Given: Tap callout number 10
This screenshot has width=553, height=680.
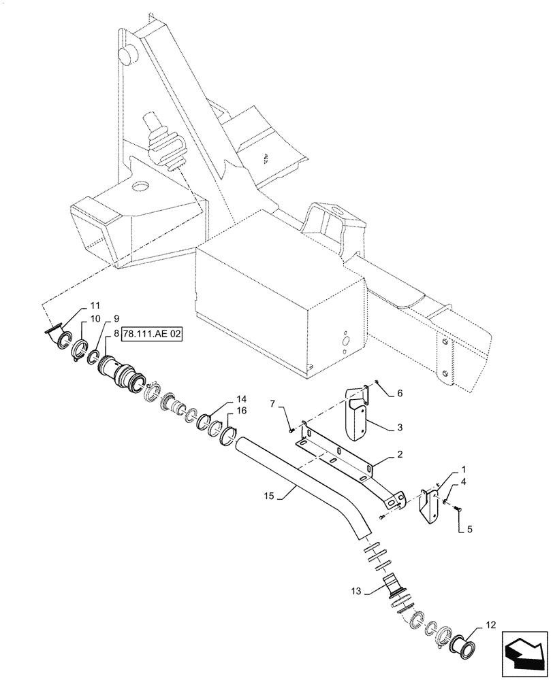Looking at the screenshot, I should click(x=95, y=318).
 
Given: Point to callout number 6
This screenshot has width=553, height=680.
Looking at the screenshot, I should click(x=400, y=393).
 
